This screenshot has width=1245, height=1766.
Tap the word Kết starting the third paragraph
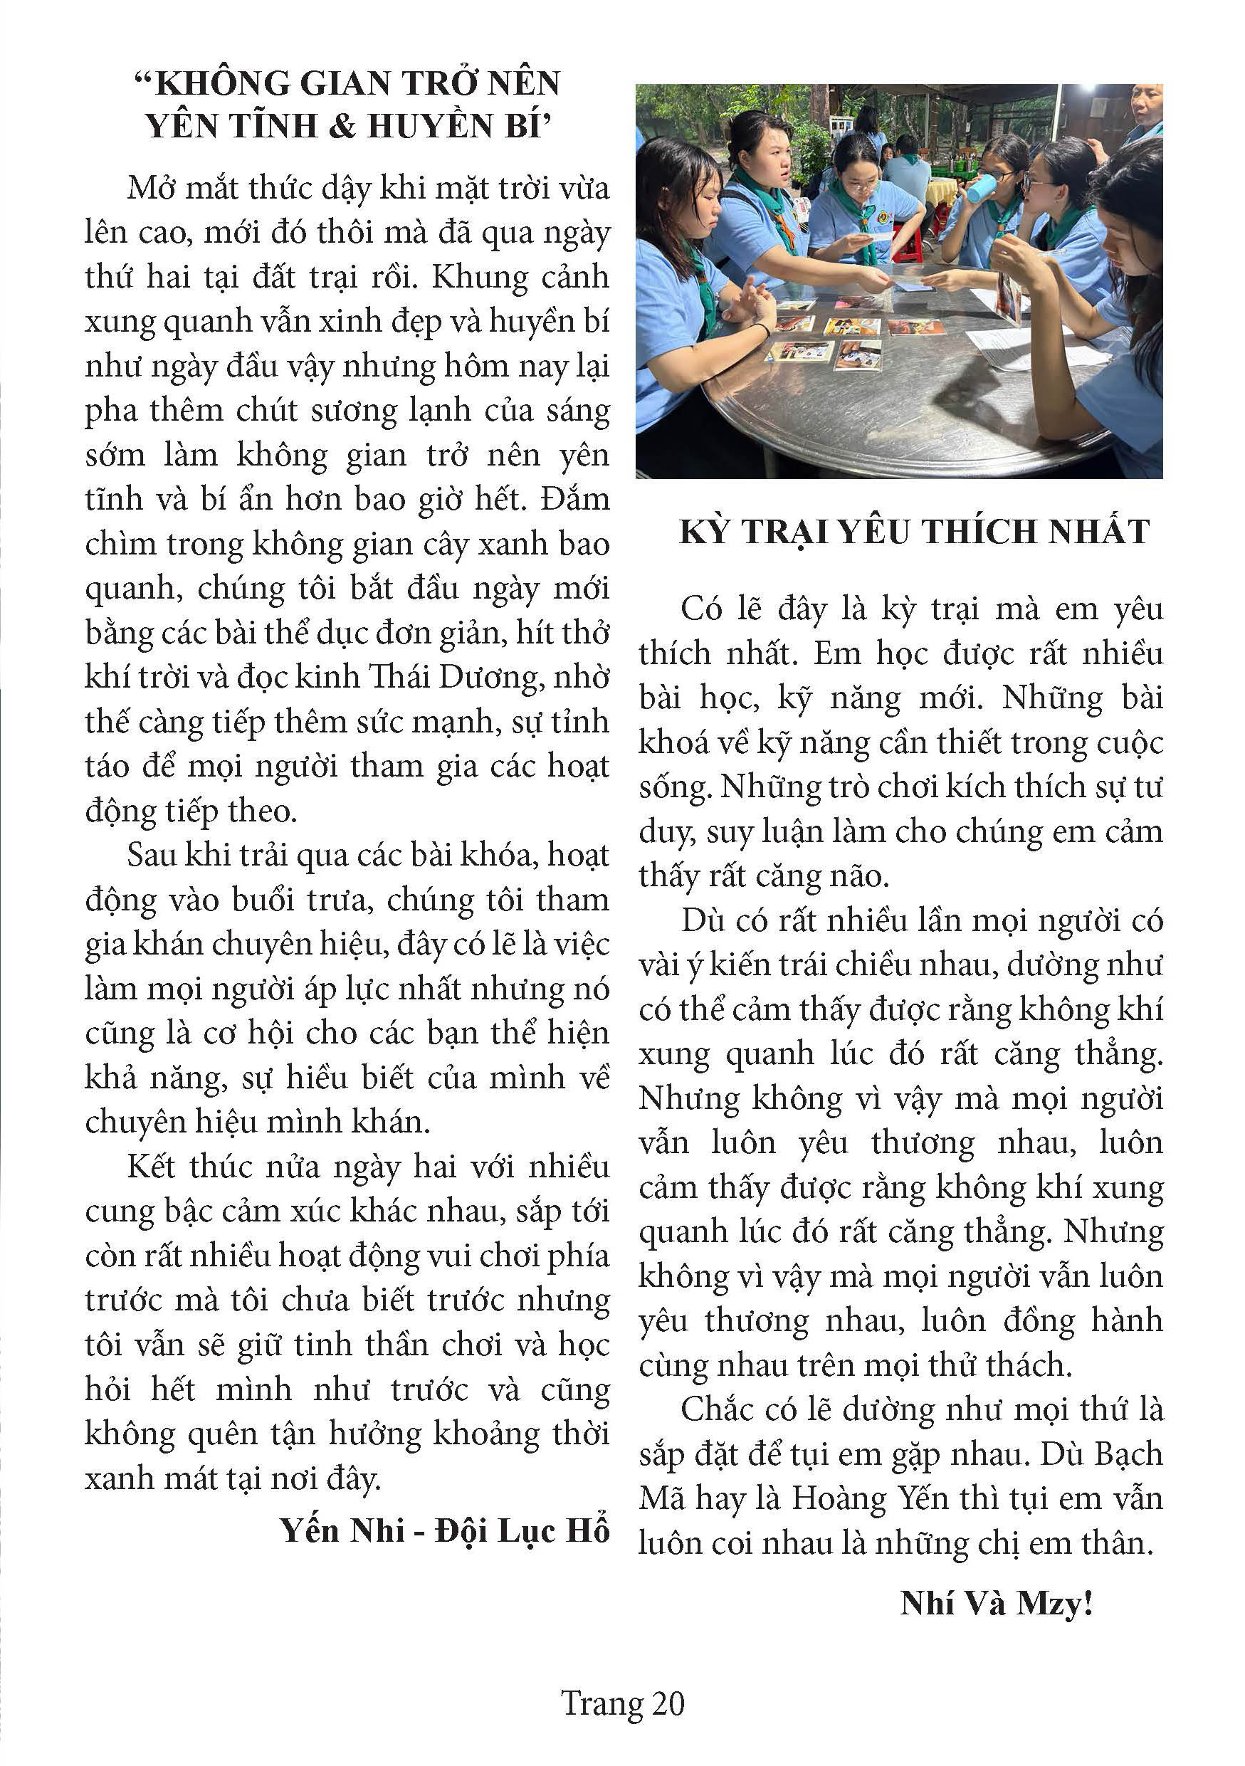click(153, 1166)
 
